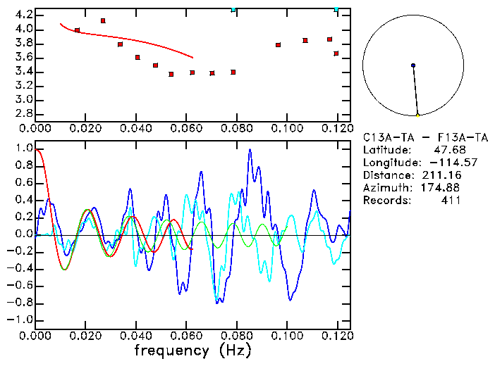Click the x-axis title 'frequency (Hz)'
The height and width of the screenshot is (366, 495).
pos(192,350)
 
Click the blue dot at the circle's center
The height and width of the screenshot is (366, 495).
pos(413,65)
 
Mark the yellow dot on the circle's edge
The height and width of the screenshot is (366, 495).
pos(417,115)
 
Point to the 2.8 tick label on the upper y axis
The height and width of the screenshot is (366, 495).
pos(23,113)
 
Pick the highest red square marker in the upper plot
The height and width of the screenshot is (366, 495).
pos(103,21)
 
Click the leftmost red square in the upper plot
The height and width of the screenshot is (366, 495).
pos(77,30)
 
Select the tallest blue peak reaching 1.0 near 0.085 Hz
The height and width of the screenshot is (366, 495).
pos(250,150)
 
